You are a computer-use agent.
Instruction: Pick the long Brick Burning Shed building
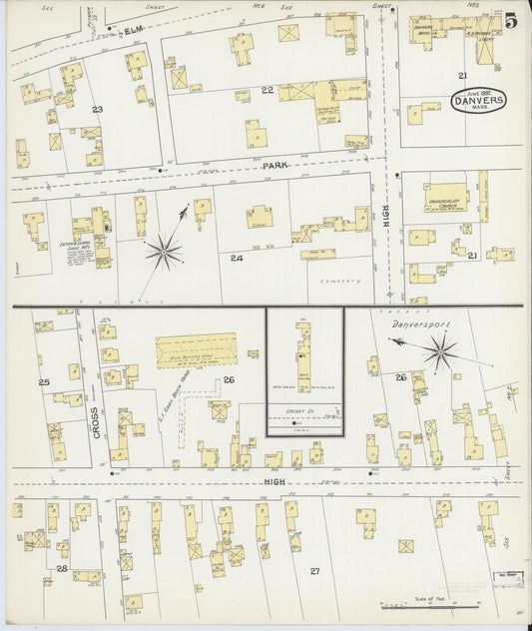click(x=196, y=350)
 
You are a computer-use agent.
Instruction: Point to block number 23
click(x=98, y=108)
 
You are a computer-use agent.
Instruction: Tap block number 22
click(x=266, y=91)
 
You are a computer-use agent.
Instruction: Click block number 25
click(x=43, y=382)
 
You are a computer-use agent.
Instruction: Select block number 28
click(x=61, y=568)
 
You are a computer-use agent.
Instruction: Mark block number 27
click(x=313, y=570)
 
